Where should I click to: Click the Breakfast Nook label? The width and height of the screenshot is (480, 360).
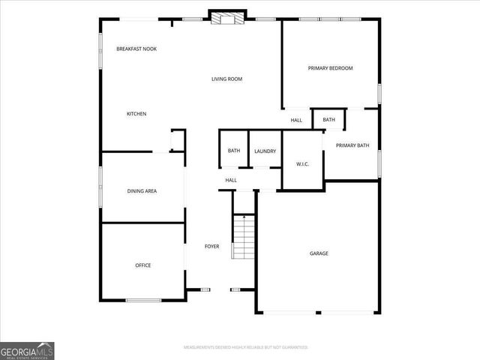136,49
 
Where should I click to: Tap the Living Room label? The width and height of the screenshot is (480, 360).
226,79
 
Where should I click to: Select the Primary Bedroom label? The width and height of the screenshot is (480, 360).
330,68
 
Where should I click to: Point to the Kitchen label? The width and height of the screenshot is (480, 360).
136,114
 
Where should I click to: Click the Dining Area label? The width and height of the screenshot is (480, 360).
140,191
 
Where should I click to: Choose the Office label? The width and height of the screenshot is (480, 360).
142,265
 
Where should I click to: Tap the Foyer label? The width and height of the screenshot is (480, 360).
212,246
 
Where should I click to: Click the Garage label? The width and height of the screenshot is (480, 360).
319,253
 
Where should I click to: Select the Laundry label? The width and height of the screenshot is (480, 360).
265,151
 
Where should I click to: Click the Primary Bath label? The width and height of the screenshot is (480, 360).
352,145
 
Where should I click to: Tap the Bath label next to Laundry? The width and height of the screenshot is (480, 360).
234,151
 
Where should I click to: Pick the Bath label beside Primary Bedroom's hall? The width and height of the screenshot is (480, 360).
328,120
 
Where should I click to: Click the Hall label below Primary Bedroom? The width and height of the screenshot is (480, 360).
296,120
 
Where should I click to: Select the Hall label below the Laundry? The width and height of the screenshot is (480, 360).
231,180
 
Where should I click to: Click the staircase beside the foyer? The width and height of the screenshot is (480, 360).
243,236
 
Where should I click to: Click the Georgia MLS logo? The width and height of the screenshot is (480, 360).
27,351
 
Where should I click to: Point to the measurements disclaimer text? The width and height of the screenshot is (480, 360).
246,348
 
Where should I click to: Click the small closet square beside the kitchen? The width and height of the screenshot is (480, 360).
178,140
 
